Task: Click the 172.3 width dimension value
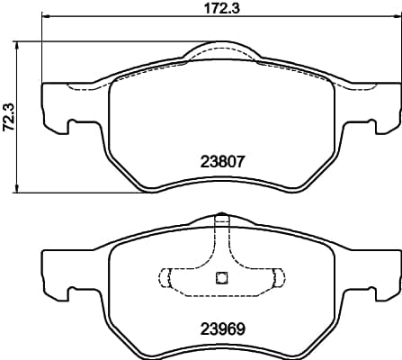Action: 222,8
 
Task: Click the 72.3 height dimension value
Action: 9,117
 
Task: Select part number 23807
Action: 223,162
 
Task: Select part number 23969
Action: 223,329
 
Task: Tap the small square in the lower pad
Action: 221,277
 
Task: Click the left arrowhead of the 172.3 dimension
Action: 46,16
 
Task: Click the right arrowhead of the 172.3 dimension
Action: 398,16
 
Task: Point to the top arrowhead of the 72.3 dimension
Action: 17,46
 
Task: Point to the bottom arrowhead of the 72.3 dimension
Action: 17,188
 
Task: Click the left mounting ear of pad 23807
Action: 56,107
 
